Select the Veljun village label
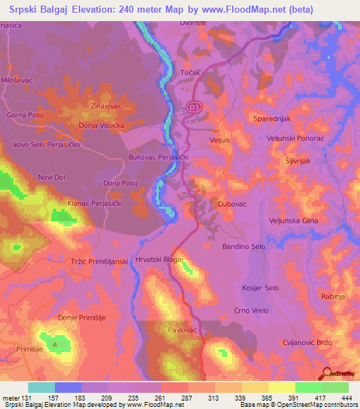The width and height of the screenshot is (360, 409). coord(220,141)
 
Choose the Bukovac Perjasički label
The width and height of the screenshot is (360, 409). coord(159,158)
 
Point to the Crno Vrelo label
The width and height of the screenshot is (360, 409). coord(250,310)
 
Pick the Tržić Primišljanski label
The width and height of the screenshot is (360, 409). coord(98,261)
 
